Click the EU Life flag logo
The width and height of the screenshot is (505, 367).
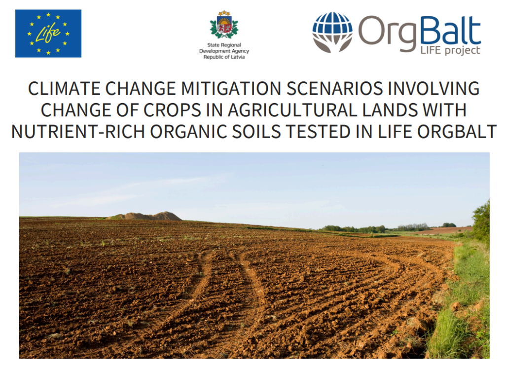(48, 34)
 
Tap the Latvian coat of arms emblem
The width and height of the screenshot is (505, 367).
(224, 25)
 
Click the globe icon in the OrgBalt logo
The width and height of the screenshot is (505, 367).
(332, 32)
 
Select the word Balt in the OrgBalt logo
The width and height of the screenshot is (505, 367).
(450, 32)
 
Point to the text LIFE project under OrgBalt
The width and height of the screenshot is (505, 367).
(450, 51)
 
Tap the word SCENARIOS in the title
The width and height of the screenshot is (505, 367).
(335, 88)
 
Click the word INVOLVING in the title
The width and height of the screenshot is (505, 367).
(433, 88)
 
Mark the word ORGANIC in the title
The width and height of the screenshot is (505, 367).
(188, 132)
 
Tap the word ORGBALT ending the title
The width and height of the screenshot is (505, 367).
(457, 132)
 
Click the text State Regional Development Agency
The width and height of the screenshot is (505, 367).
(224, 48)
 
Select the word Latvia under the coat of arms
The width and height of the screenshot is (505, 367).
(238, 57)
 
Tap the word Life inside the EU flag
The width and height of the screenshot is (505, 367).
(48, 33)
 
